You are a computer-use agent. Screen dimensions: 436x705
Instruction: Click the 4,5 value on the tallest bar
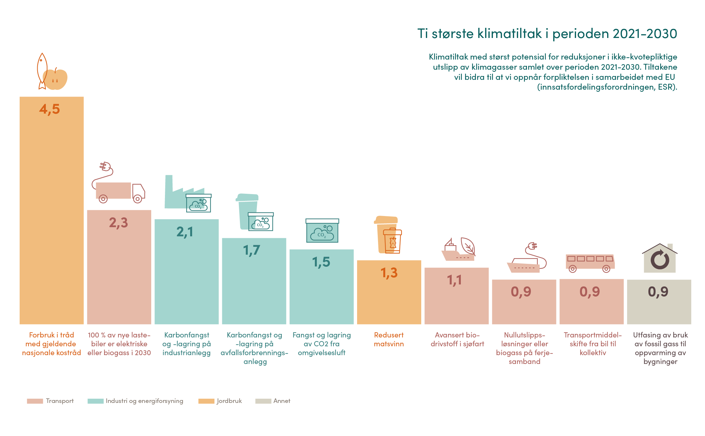50,109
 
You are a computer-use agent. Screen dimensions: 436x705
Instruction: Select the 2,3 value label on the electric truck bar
118,223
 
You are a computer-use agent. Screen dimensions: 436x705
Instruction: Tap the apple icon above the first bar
56,79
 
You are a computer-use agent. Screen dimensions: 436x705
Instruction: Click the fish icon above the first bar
42,70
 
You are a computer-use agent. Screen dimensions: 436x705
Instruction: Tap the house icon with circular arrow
660,259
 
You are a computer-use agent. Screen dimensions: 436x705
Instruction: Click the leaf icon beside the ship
468,246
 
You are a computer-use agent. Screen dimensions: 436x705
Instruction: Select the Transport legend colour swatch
35,401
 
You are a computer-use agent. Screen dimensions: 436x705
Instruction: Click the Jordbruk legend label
229,401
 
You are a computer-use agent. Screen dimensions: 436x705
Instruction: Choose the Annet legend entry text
282,401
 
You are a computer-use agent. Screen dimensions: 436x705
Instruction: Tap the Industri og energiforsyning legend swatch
95,401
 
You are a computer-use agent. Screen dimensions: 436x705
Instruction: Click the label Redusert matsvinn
389,339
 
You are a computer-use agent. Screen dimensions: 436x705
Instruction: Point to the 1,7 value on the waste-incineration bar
251,250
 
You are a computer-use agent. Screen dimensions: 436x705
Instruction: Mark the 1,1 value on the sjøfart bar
455,280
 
